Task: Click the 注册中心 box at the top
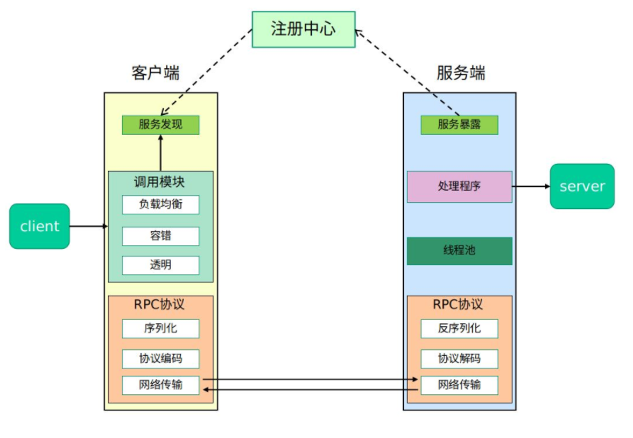point(303,29)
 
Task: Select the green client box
point(39,226)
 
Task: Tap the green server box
point(582,186)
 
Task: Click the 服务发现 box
point(160,125)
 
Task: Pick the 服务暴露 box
point(459,125)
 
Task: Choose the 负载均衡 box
point(160,204)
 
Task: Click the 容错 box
point(160,236)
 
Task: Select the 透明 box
point(160,266)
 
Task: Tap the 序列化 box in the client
point(160,328)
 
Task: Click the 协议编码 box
point(160,358)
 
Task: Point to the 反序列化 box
point(459,328)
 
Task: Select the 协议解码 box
point(459,358)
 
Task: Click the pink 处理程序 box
point(459,186)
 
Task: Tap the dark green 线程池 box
point(459,250)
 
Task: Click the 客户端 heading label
point(156,73)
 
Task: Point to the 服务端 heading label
point(461,73)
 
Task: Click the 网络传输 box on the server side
point(459,384)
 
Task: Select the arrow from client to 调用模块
point(89,226)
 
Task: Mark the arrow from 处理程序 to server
point(531,186)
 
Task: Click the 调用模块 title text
point(159,182)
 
